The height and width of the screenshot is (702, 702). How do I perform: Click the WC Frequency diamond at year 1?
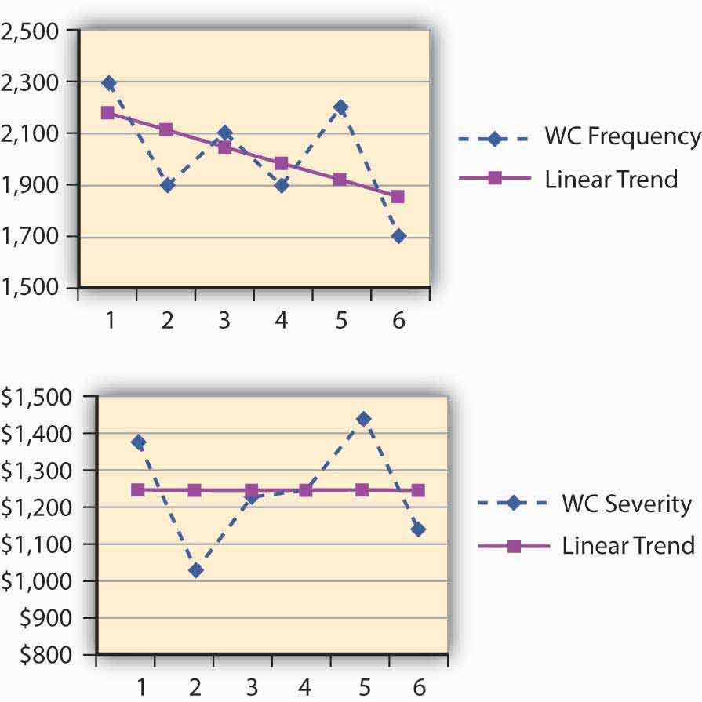click(x=108, y=82)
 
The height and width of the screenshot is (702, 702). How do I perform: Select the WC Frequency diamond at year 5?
click(x=340, y=107)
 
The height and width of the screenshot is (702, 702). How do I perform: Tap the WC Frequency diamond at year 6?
click(x=398, y=236)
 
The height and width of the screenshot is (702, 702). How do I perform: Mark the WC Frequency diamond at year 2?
click(x=166, y=185)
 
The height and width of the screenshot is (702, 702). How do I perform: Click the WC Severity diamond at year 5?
click(x=363, y=419)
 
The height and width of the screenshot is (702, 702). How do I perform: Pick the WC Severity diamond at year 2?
click(x=195, y=570)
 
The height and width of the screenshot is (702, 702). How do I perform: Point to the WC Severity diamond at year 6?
click(x=418, y=529)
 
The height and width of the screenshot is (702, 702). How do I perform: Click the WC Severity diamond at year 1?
click(x=138, y=442)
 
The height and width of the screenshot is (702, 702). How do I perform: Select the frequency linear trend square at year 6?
click(x=398, y=197)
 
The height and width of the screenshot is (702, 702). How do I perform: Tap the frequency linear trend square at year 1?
click(x=108, y=113)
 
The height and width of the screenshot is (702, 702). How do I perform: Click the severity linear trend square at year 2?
click(x=195, y=490)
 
